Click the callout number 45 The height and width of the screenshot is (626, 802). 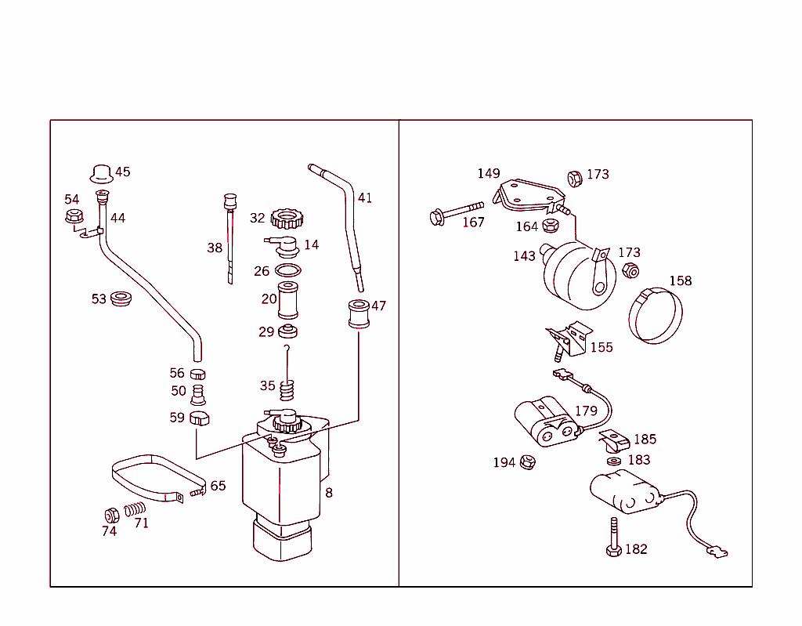123,172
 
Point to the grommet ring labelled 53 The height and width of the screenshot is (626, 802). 121,299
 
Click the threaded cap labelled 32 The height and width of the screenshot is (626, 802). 286,218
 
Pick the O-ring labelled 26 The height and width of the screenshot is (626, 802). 287,271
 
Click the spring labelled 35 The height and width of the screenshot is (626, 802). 287,387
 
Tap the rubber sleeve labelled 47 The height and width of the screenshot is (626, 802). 359,313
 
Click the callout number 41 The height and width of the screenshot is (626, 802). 365,197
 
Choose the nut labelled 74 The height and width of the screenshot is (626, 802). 111,515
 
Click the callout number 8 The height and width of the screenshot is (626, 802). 329,493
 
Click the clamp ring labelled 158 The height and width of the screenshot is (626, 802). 656,315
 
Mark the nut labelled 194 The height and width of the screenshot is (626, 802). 527,462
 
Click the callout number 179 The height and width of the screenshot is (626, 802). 586,411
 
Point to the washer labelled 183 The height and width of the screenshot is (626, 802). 613,461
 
